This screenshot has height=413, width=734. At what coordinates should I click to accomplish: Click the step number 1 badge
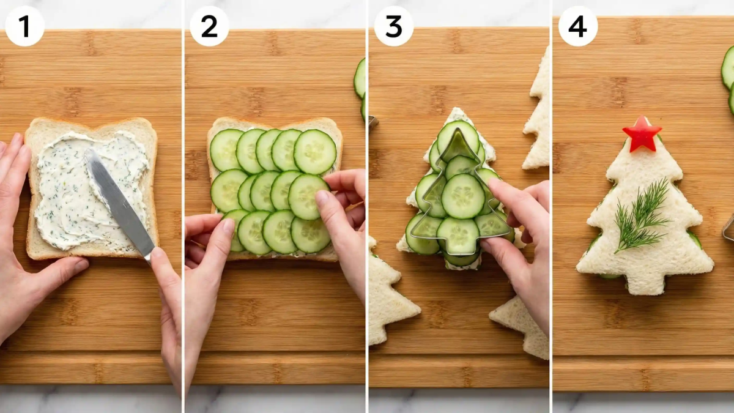click(x=24, y=26)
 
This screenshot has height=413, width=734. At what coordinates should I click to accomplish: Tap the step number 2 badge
click(x=209, y=26)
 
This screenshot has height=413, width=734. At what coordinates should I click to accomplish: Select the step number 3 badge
click(x=394, y=26)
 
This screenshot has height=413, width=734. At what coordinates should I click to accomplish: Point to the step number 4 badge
click(x=578, y=26)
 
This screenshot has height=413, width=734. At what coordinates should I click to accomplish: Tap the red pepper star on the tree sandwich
click(x=642, y=133)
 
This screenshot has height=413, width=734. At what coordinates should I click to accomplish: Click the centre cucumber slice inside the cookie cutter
click(x=462, y=196)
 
